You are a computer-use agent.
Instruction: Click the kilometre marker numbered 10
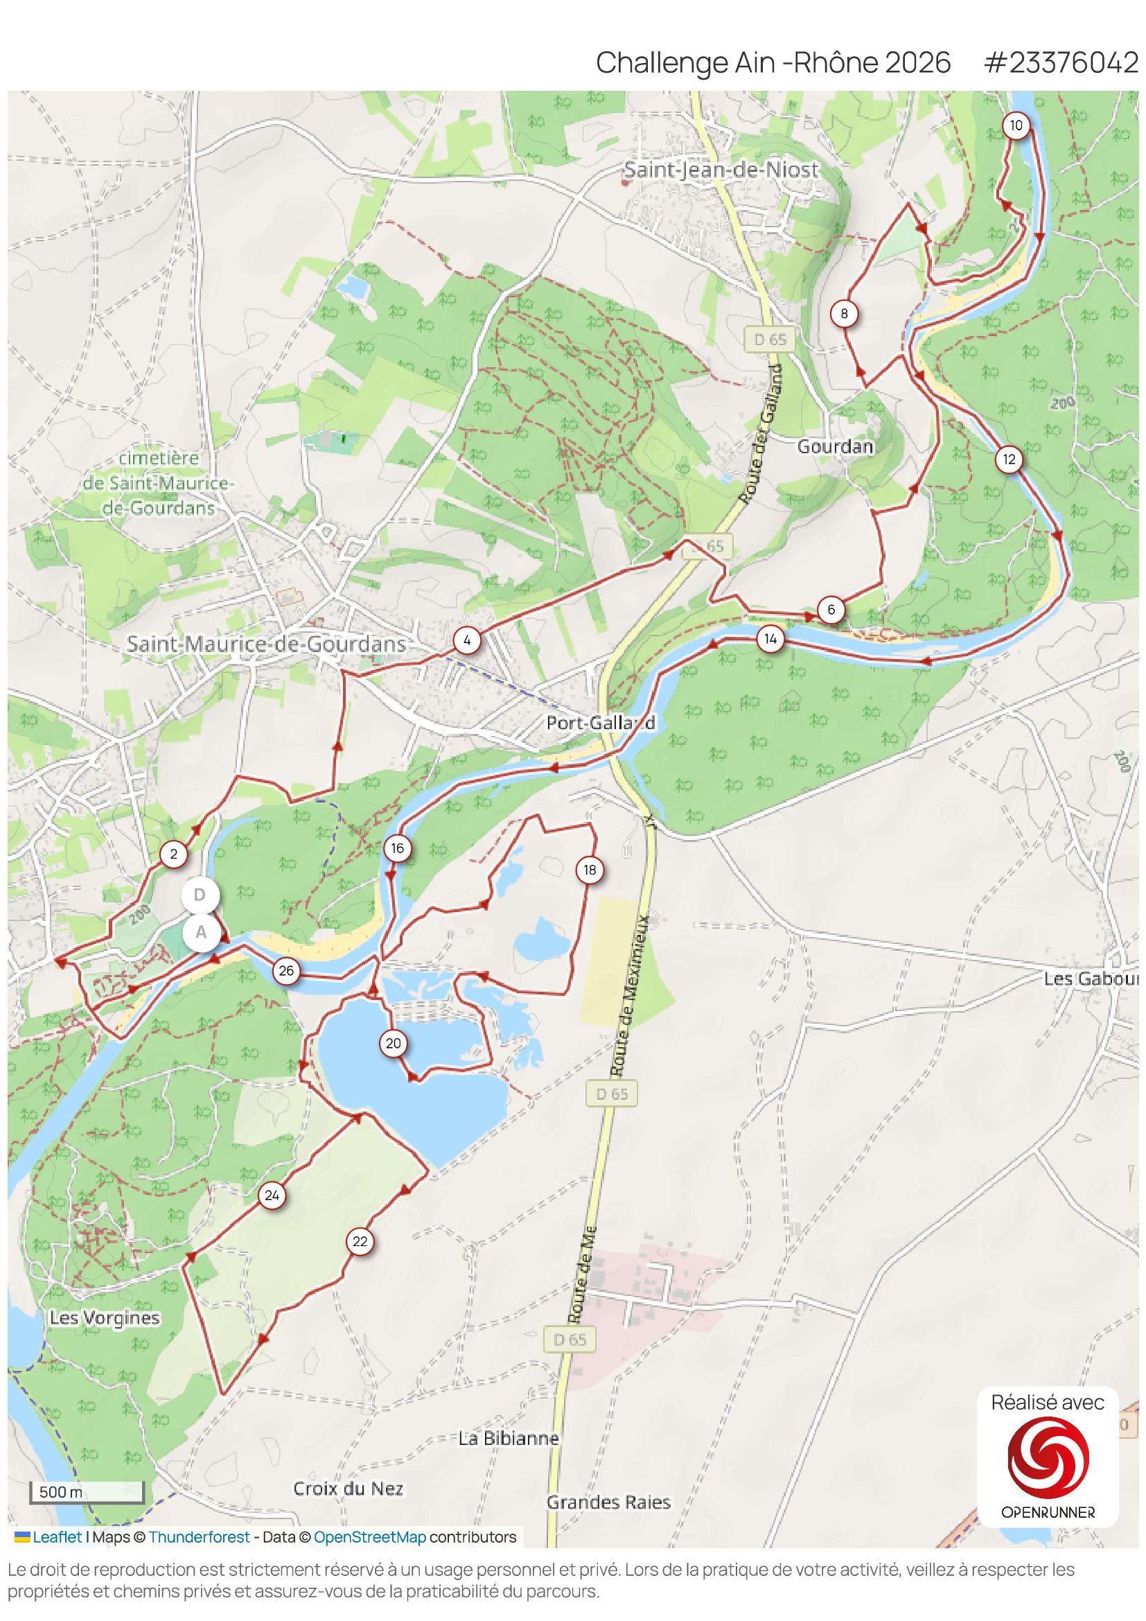point(1016,126)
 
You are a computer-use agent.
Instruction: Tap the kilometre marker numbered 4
point(466,641)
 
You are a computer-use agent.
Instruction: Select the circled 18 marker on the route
point(590,870)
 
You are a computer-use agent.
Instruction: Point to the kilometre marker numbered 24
point(272,1196)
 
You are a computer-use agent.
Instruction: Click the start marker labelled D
point(200,895)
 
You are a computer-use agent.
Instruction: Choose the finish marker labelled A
point(201,933)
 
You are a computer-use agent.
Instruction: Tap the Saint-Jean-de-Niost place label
point(721,170)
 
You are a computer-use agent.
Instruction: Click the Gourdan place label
point(835,447)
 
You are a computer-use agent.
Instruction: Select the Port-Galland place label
point(601,723)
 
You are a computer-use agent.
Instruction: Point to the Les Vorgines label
point(105,1318)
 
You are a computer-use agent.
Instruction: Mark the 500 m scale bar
point(87,1493)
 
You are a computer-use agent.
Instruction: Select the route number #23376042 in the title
point(1061,63)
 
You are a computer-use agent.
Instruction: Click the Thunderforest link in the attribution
point(199,1537)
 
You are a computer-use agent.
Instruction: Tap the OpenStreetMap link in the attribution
point(369,1537)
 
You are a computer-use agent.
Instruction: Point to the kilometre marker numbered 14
point(770,640)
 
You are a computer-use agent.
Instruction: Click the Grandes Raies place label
point(608,1502)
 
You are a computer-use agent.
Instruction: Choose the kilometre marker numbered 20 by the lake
point(393,1044)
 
